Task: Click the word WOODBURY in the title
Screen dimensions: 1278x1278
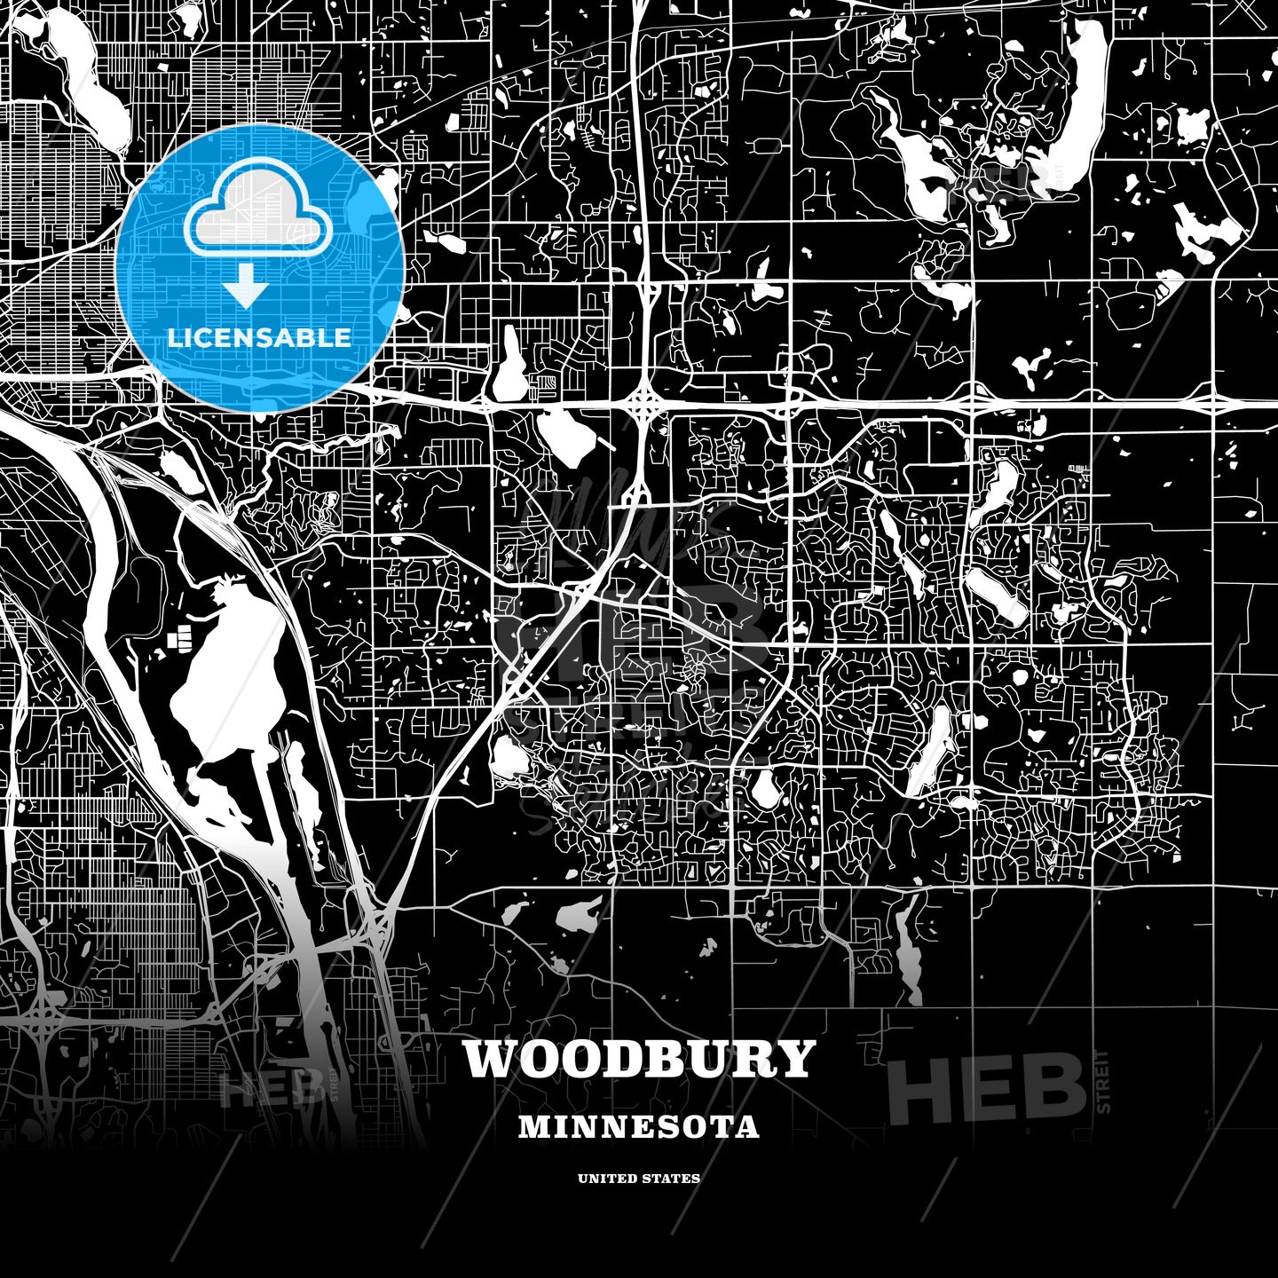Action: tap(638, 1058)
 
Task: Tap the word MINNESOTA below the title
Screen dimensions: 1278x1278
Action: tap(638, 1127)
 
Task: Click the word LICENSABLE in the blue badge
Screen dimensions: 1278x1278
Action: tap(259, 337)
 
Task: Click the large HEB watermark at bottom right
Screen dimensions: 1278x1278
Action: tap(987, 1088)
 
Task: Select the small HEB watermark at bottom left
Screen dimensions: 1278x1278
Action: tap(272, 1090)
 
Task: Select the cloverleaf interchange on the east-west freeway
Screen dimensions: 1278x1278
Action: tap(646, 402)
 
